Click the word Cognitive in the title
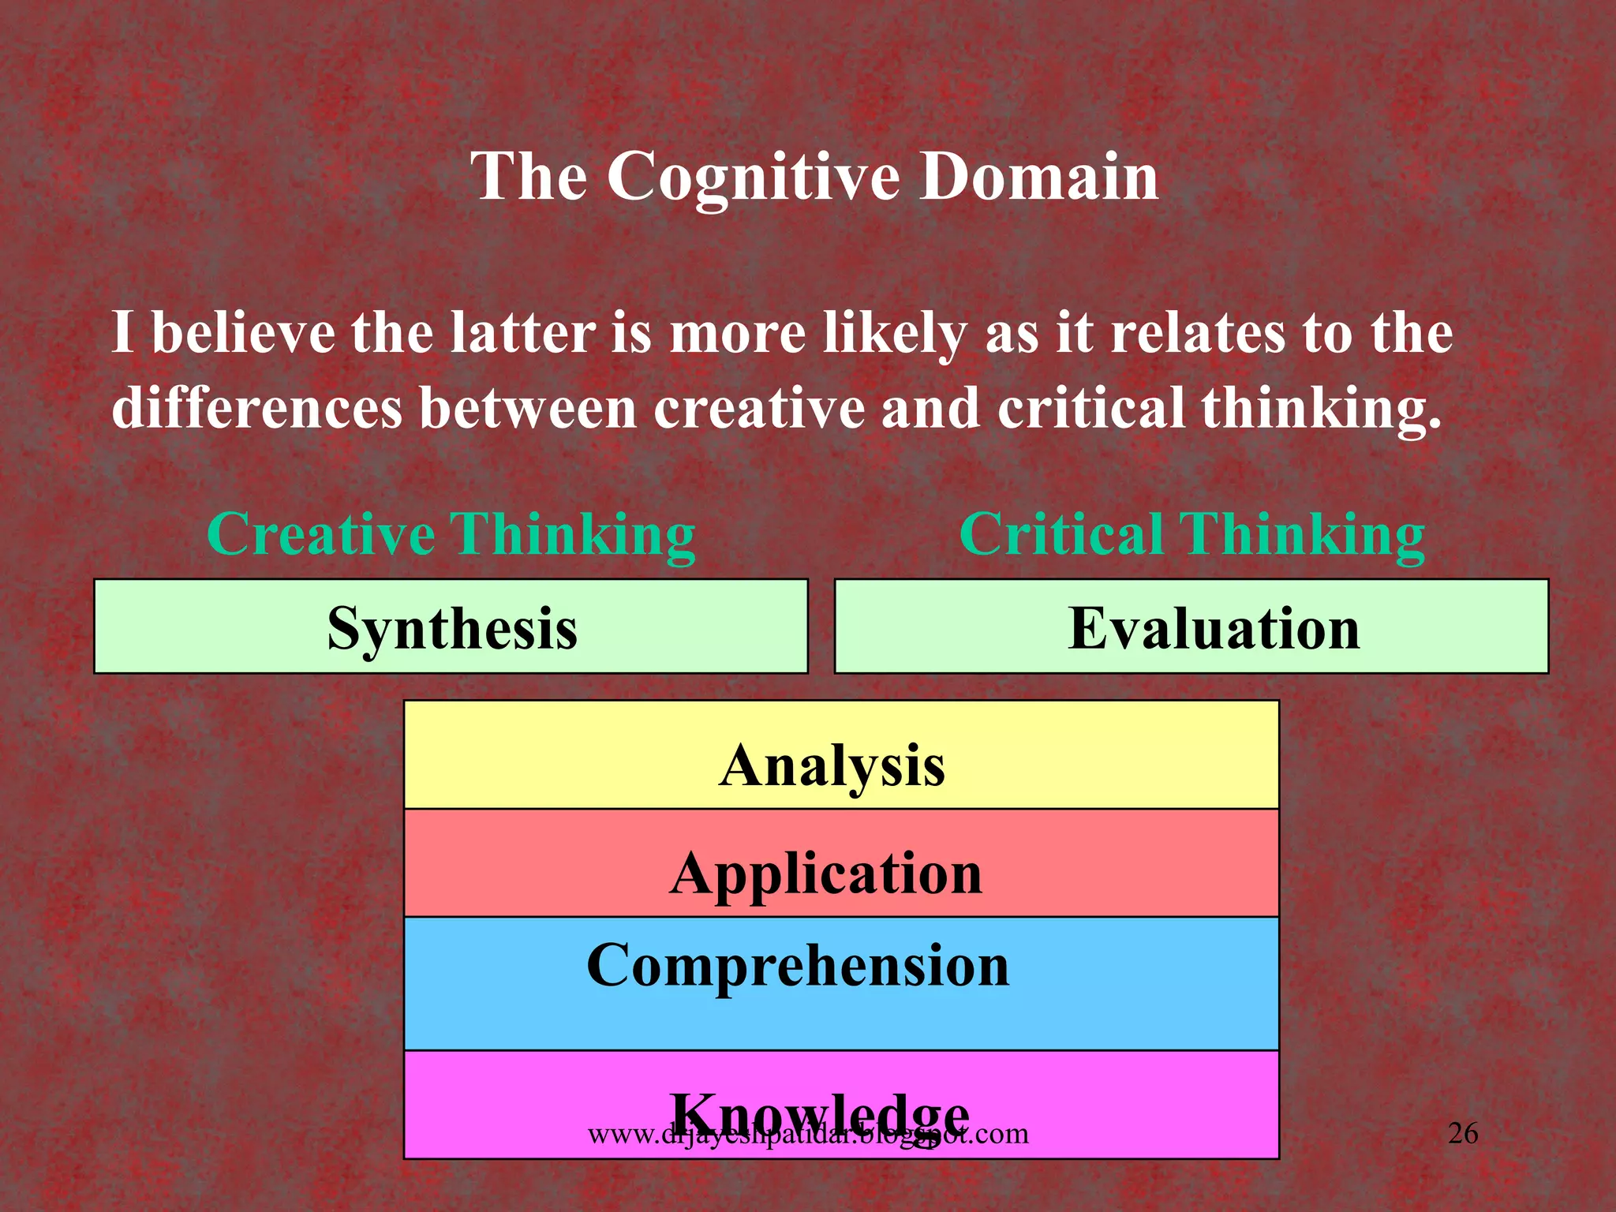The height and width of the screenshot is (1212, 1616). click(x=753, y=177)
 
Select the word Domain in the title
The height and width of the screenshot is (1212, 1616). click(x=1039, y=177)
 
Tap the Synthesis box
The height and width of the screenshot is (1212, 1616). click(x=451, y=627)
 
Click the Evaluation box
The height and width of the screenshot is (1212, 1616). click(x=1191, y=627)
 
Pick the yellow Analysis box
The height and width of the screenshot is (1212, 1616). click(x=840, y=756)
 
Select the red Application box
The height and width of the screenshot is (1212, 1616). click(x=840, y=864)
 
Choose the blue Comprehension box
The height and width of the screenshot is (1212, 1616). click(x=840, y=982)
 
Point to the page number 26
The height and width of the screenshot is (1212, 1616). click(x=1463, y=1133)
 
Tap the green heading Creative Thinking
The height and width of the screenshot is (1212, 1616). click(x=451, y=534)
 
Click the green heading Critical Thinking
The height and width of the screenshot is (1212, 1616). click(x=1191, y=534)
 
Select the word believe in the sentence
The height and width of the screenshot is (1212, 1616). click(x=243, y=332)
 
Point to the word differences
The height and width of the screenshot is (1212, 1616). click(x=257, y=408)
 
